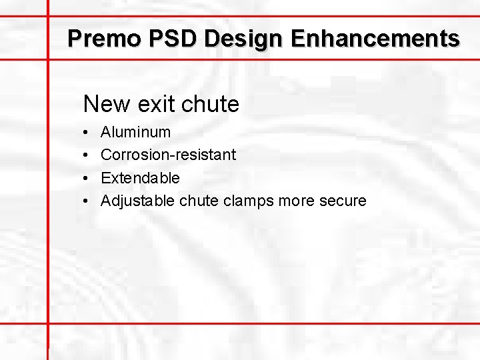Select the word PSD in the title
click(166, 38)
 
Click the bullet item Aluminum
click(135, 132)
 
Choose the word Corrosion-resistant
click(168, 155)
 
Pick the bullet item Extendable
click(140, 178)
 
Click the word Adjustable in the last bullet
click(137, 201)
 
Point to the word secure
click(343, 201)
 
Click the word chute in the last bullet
click(199, 201)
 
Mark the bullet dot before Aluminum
click(87, 133)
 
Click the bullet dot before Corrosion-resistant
click(87, 155)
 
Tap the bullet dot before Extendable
click(87, 179)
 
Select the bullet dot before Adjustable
click(87, 201)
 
